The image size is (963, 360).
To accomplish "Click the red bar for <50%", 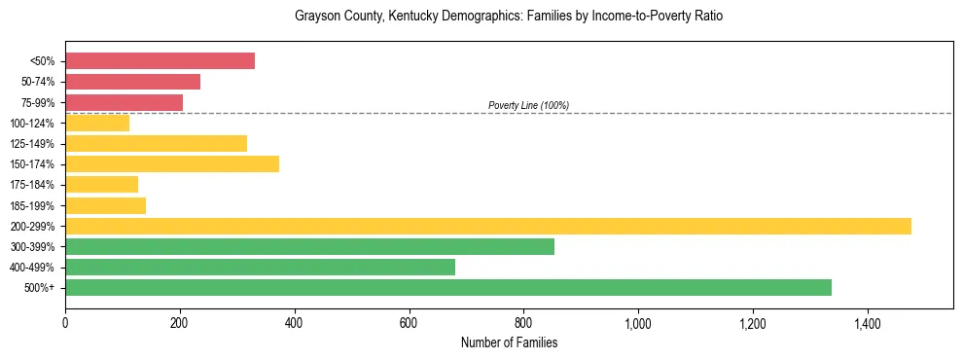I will click(x=160, y=61).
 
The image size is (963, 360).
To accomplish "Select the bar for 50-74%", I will click(x=132, y=82).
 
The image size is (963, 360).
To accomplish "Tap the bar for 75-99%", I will click(x=124, y=102).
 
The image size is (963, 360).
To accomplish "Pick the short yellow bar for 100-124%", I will click(x=97, y=123).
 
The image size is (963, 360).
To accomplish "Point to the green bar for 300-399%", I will click(x=309, y=246).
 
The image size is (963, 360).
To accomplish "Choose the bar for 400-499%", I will click(x=260, y=267).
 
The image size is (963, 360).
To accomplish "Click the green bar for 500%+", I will click(x=448, y=287).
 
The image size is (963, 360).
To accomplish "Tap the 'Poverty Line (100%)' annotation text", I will click(x=528, y=105).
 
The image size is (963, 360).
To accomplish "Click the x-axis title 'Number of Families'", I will click(x=509, y=342).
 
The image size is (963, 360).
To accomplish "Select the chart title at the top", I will click(x=509, y=17).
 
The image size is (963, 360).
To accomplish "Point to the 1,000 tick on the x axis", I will click(x=638, y=322).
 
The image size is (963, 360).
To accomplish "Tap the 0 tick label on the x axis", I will click(x=65, y=322).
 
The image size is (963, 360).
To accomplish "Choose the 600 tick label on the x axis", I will click(x=409, y=322).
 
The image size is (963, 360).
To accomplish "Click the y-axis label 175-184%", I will click(x=32, y=185).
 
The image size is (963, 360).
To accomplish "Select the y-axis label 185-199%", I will click(x=32, y=205).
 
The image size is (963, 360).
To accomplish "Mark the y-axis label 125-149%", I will click(x=32, y=144).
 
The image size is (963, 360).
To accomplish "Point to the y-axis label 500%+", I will click(x=39, y=288).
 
